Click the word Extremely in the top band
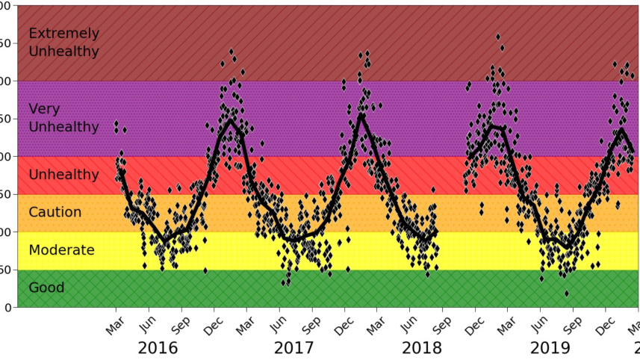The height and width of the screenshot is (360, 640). click(x=63, y=33)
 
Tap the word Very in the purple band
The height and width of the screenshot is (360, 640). click(x=44, y=109)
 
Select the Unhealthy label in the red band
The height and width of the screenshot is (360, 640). click(x=63, y=175)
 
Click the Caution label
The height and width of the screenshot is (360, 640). click(x=55, y=213)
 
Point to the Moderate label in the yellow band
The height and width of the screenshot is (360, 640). click(x=61, y=250)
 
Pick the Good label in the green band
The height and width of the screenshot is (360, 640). click(x=46, y=288)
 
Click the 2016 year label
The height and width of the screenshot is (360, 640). click(x=158, y=348)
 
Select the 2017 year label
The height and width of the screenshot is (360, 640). click(x=293, y=348)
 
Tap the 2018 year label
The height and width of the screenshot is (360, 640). click(x=421, y=348)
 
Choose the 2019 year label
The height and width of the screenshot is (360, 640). click(x=550, y=348)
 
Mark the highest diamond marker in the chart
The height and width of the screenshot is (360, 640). click(x=498, y=36)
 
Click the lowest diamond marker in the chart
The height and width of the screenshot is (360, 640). click(x=567, y=294)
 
